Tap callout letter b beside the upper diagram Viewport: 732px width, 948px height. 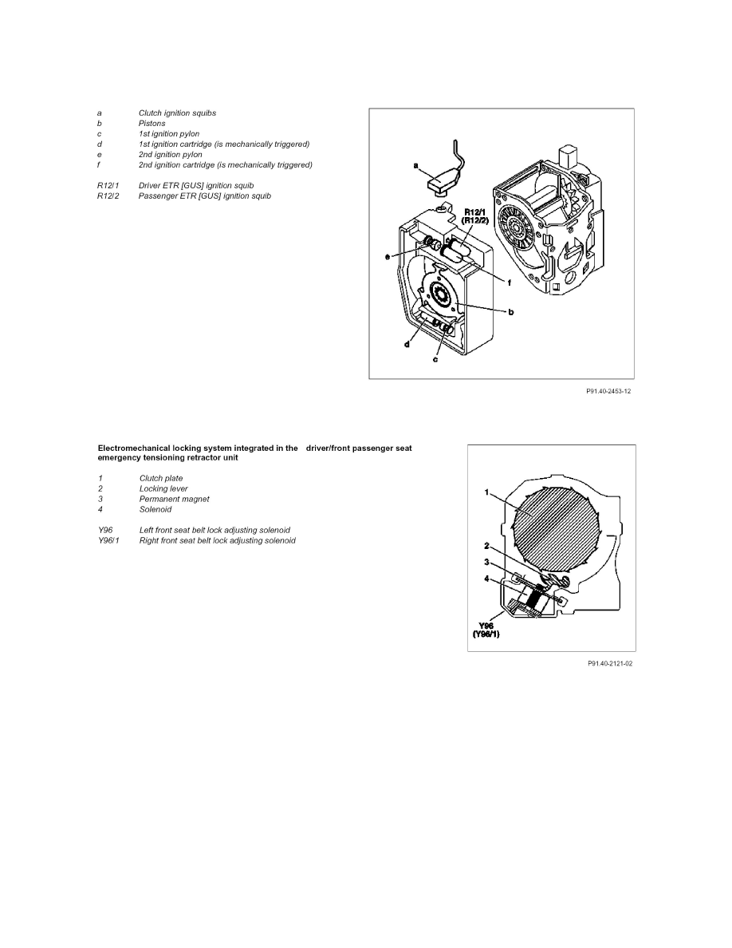tap(511, 312)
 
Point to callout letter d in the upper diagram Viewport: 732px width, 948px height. tap(407, 345)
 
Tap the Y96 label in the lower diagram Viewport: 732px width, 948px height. tap(486, 626)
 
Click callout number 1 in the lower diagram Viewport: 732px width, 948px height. tap(486, 492)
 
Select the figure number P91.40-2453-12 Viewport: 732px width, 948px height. tap(608, 392)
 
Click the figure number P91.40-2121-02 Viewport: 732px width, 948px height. tap(610, 664)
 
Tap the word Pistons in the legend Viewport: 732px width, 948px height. tap(152, 124)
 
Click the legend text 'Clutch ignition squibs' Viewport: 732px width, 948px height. tap(177, 113)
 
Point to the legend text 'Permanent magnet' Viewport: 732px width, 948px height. tap(174, 499)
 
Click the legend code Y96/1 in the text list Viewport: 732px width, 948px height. tap(108, 540)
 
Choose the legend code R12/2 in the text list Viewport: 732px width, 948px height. tap(108, 196)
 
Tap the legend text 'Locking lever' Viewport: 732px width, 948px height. tap(163, 488)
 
